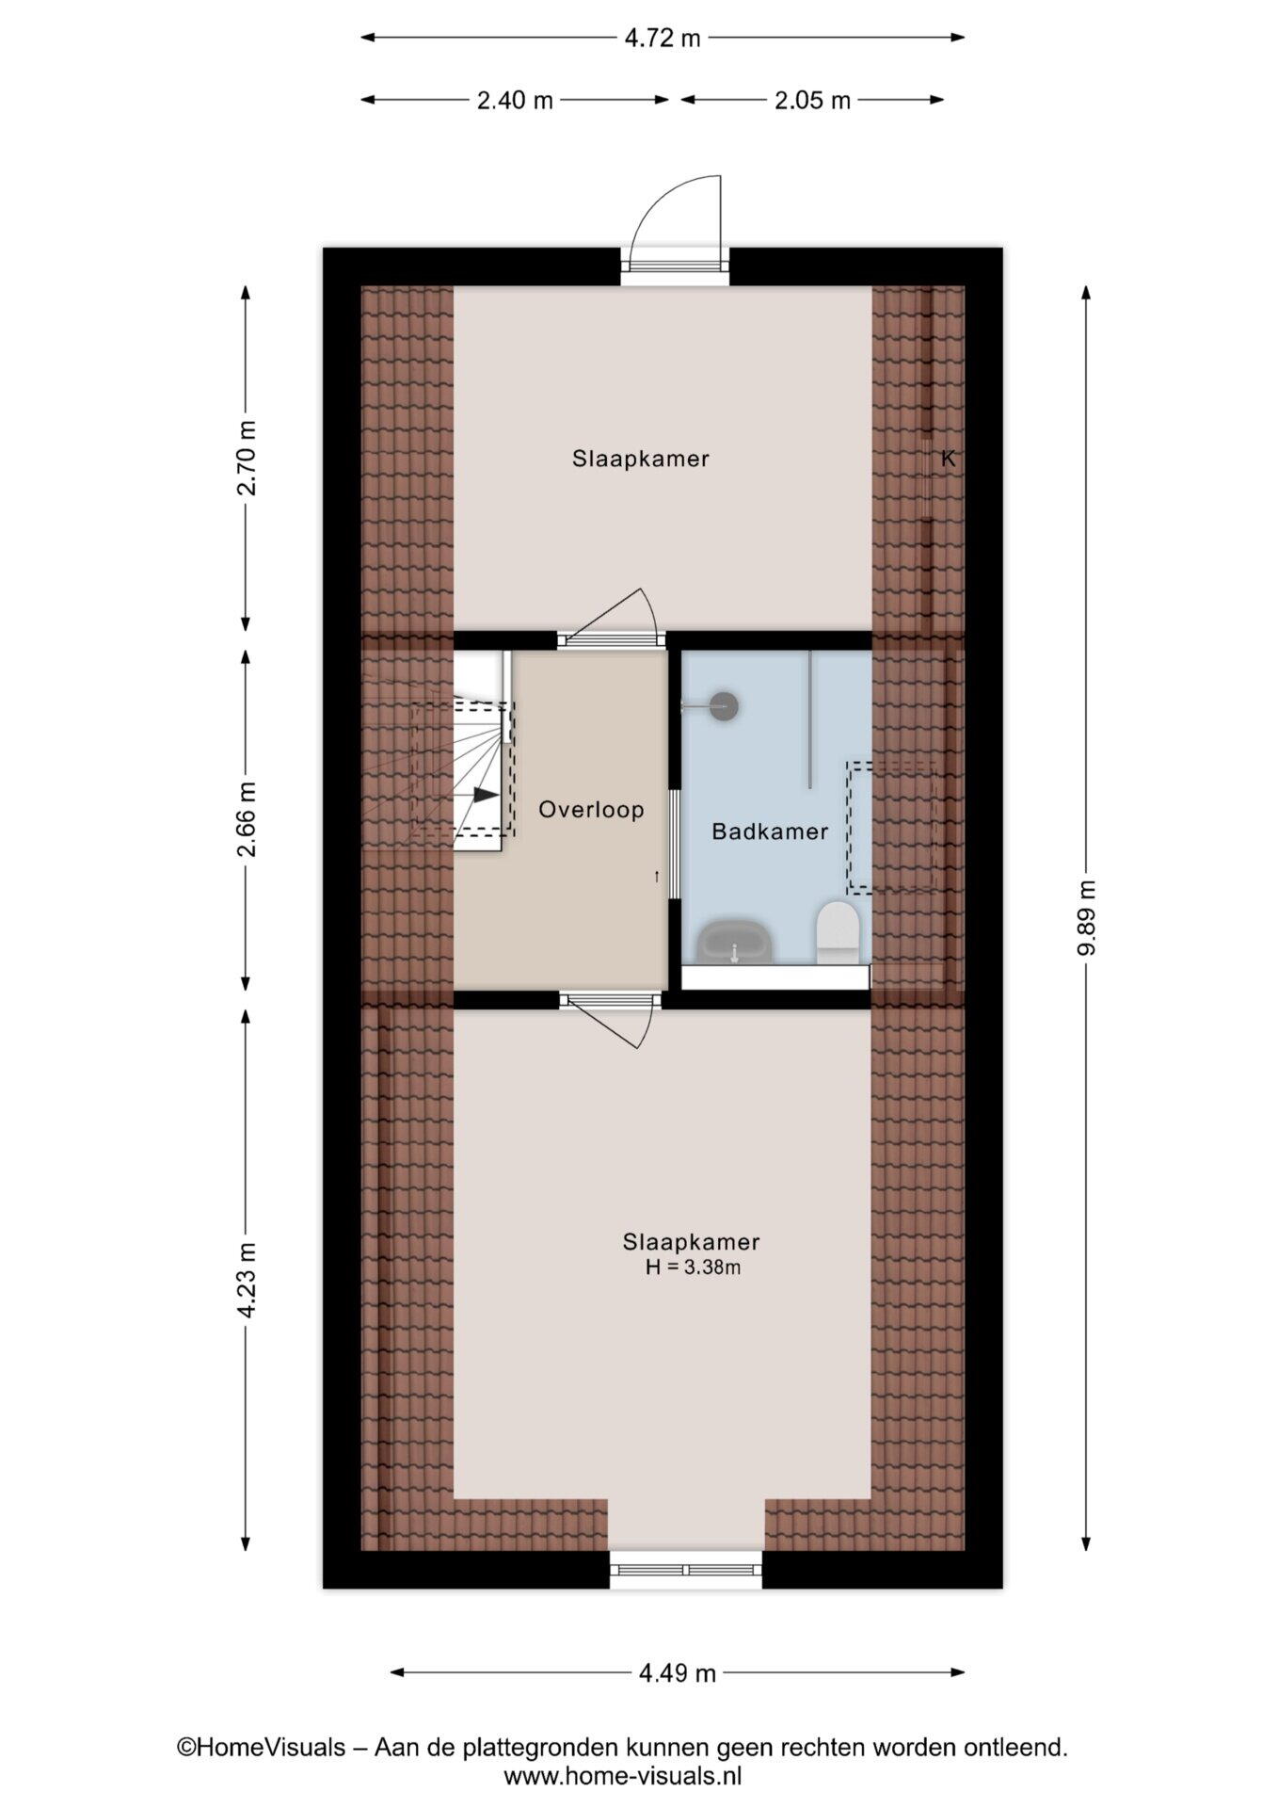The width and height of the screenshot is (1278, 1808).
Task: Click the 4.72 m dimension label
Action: (x=663, y=38)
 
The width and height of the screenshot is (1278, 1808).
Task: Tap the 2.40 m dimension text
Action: (x=515, y=100)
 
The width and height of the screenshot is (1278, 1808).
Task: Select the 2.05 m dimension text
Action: (x=812, y=100)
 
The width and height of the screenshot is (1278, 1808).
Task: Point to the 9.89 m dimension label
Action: (x=1086, y=917)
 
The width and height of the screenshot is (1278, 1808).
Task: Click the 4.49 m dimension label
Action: (x=678, y=1672)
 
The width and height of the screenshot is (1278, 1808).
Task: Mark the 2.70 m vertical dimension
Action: (x=246, y=458)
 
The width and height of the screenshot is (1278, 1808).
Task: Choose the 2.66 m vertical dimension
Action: (x=246, y=819)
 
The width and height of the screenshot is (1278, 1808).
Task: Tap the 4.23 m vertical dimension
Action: (x=246, y=1281)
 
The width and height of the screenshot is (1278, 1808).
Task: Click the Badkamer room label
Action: (x=770, y=831)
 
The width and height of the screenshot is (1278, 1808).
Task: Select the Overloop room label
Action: (x=591, y=809)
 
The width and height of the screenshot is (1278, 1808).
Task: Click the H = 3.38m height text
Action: (x=693, y=1267)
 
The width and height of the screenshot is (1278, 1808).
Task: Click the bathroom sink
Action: (x=734, y=942)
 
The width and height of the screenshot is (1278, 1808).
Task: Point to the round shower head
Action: (x=724, y=704)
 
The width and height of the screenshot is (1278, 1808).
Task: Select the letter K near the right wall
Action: (x=948, y=459)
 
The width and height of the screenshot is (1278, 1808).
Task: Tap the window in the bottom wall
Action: (x=685, y=1569)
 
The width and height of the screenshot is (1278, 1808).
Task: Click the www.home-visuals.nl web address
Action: (x=622, y=1776)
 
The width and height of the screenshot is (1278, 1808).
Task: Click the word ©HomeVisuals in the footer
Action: (x=261, y=1748)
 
